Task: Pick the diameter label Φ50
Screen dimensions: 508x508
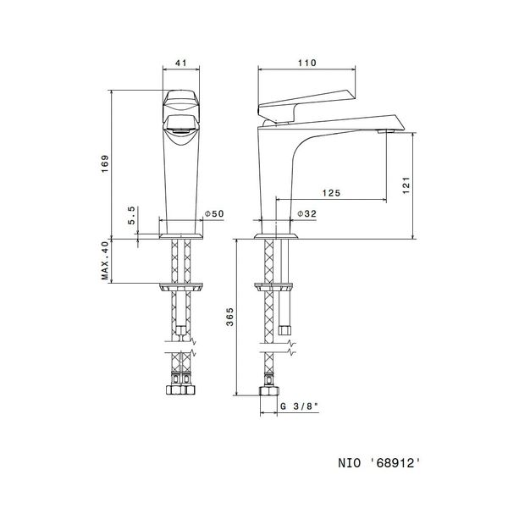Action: pos(214,214)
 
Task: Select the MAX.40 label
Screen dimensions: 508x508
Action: pos(106,261)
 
